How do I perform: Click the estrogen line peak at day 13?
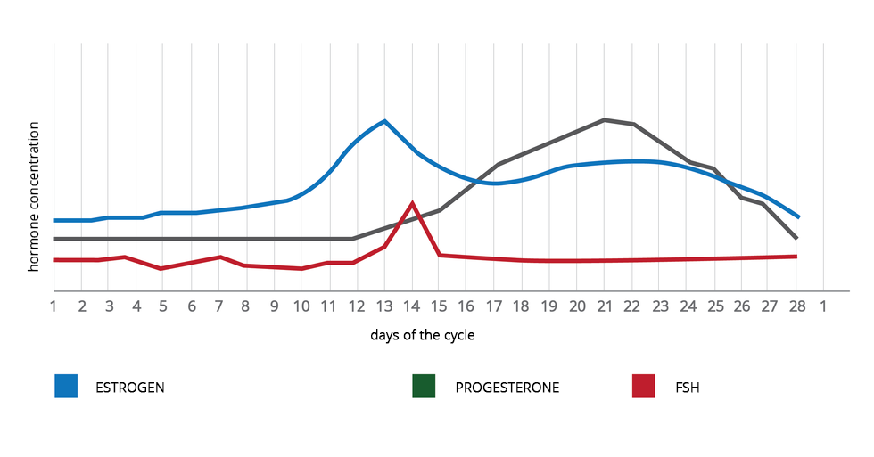tap(384, 121)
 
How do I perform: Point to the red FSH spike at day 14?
tap(412, 203)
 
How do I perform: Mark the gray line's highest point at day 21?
tap(605, 119)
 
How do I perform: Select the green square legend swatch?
tap(424, 387)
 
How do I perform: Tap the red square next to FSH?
tap(644, 387)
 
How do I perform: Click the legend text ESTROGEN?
tap(130, 388)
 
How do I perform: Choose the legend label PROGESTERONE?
tap(507, 388)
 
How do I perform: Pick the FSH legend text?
tap(688, 388)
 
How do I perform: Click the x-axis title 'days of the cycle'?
tap(423, 336)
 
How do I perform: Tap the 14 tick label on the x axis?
tap(411, 306)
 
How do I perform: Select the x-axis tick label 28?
tap(796, 306)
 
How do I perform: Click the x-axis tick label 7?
tap(218, 306)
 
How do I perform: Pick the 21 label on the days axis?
tap(604, 306)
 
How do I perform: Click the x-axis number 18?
tap(522, 306)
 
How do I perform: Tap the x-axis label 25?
tap(714, 306)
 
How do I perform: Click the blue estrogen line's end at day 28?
tap(798, 216)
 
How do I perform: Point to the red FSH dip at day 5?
tap(161, 268)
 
